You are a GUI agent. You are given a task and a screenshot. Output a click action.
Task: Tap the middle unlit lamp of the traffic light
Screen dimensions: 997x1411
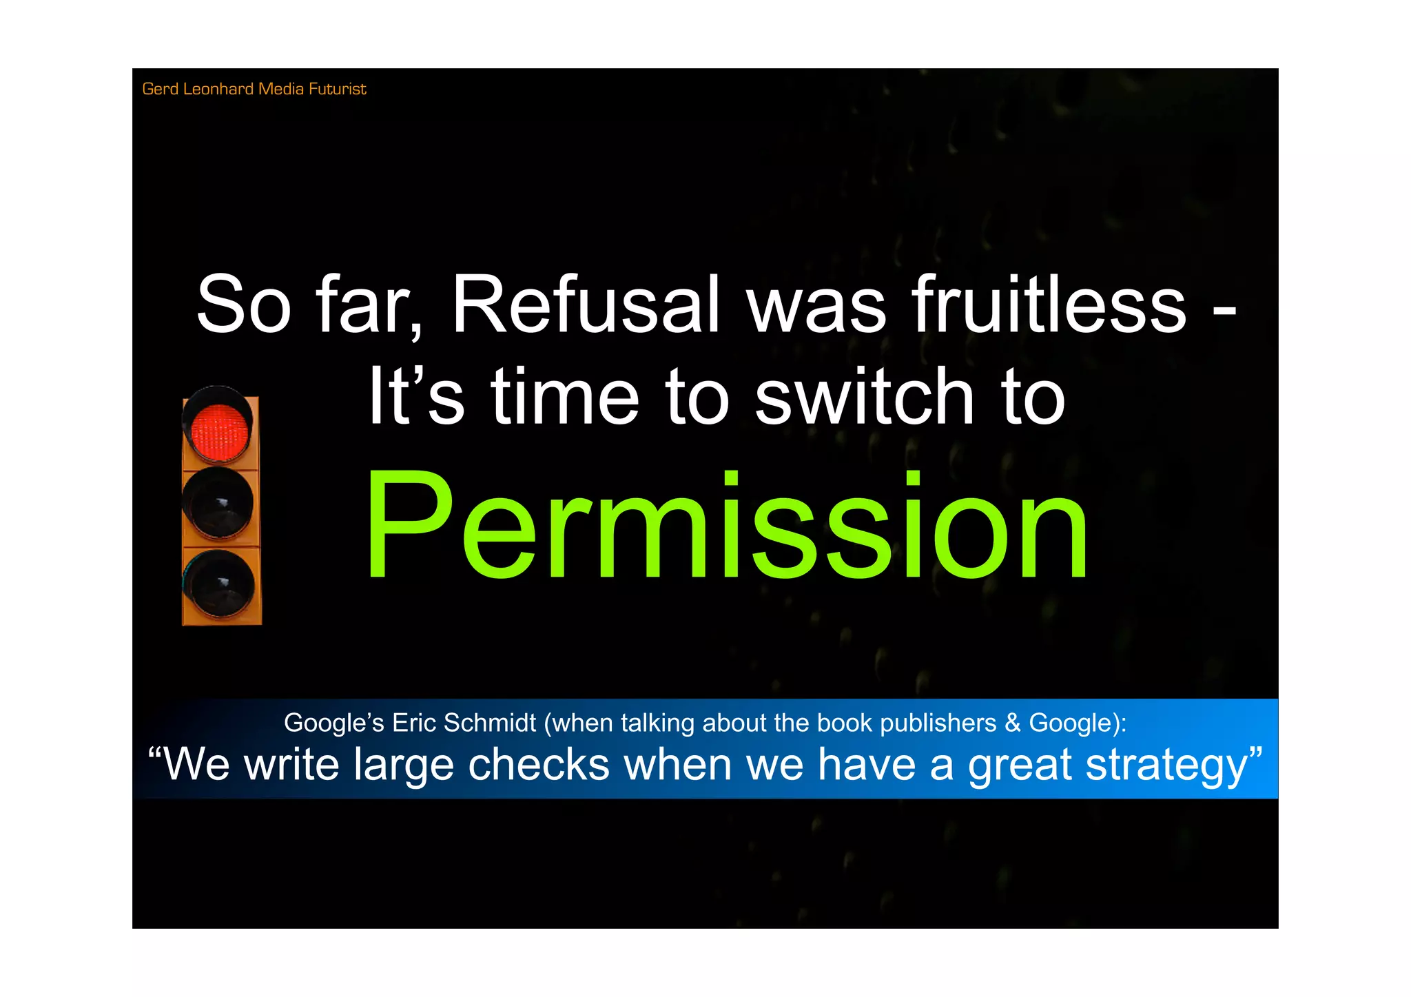pos(218,503)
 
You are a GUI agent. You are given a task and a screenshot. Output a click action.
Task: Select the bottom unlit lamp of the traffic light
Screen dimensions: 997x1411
pos(220,584)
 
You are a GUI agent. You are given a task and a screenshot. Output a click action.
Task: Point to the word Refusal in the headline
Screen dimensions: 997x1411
pos(586,305)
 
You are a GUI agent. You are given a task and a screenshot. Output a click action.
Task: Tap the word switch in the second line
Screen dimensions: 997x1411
pos(864,398)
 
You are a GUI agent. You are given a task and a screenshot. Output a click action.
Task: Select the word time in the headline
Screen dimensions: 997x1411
pos(565,398)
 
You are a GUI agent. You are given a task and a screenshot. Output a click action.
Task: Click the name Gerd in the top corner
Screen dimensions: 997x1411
pos(160,89)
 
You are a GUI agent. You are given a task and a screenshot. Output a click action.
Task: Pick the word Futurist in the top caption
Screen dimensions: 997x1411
pos(337,89)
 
